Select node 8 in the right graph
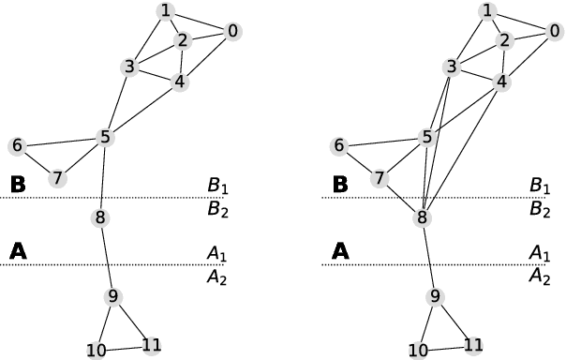tap(424, 218)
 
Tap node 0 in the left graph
tap(232, 31)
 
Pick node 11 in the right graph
tap(473, 345)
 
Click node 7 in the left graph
tap(57, 177)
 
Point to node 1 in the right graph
tap(485, 10)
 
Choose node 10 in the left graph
tap(97, 351)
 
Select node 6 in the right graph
tap(339, 146)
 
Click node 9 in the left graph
tap(113, 296)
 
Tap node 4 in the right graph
tap(501, 82)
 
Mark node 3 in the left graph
tap(129, 67)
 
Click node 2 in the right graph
tap(504, 39)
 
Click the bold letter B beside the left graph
tap(17, 184)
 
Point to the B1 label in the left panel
tap(217, 185)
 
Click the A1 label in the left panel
tap(217, 253)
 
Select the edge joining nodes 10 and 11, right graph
tap(446, 348)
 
